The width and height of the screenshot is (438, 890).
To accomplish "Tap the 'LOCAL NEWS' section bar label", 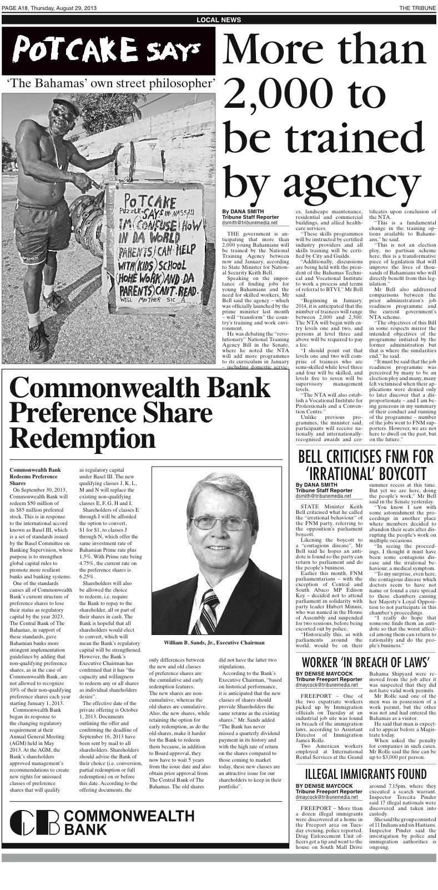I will (x=219, y=20).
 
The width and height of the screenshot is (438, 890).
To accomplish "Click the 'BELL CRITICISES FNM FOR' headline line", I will (x=365, y=458).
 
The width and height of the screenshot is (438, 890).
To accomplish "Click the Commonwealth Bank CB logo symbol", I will (x=34, y=823).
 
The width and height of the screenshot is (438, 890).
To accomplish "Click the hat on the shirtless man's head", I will (x=66, y=104).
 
